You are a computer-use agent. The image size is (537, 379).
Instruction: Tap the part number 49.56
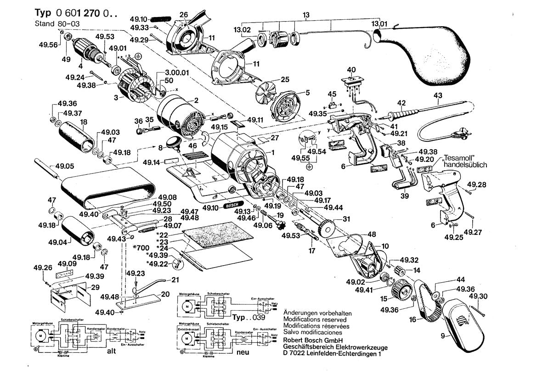50,45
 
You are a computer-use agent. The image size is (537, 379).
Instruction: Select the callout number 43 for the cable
437,96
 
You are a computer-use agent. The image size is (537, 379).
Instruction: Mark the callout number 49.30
478,296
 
